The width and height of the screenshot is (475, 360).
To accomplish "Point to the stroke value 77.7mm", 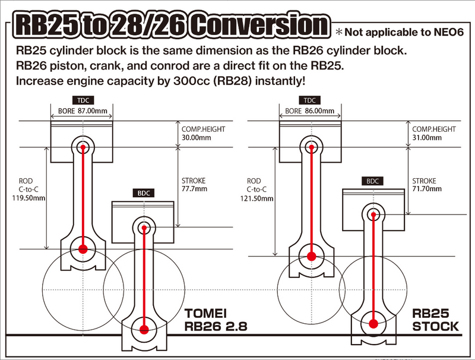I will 193,189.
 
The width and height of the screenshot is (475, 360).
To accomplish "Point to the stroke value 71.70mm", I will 427,189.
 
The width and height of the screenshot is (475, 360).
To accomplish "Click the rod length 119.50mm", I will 30,198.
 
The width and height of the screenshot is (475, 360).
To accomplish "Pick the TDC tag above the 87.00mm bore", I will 82,100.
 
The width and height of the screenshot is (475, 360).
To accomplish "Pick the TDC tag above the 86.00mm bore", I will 310,100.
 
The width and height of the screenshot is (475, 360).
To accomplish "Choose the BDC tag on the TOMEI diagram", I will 144,193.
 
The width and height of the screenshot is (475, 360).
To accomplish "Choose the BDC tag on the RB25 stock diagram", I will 373,181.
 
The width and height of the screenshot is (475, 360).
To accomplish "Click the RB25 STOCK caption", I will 437,319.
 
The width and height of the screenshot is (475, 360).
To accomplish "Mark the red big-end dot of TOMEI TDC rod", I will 83,248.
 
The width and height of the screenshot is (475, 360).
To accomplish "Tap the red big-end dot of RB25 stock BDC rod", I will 373,324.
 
